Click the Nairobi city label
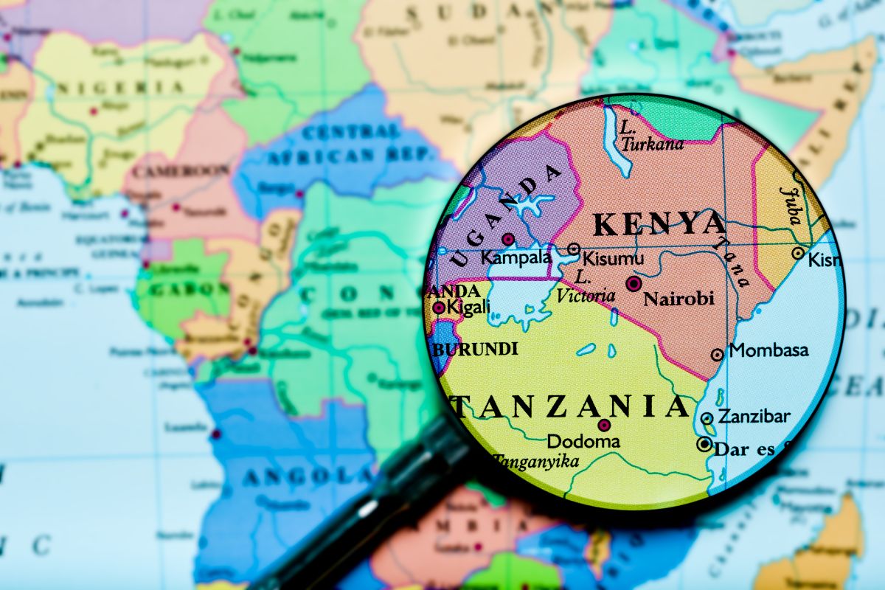(678, 299)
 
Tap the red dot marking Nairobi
(633, 283)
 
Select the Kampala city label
(516, 258)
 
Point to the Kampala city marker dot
(508, 239)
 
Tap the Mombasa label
(768, 350)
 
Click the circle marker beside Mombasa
(717, 355)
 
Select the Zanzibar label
(754, 417)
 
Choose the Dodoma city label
(583, 442)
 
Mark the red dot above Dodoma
(604, 425)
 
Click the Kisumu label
(613, 259)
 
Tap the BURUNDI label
(476, 350)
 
